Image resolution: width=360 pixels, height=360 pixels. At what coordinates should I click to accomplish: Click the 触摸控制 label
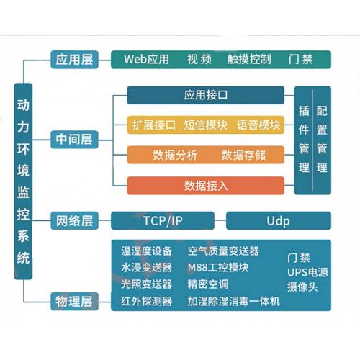coord(248,59)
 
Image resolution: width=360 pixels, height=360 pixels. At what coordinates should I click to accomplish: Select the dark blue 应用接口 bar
coord(206,94)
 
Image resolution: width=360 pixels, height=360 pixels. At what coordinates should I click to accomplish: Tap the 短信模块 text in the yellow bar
coord(206,125)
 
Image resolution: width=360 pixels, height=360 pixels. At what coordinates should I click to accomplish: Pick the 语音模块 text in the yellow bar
coord(258,125)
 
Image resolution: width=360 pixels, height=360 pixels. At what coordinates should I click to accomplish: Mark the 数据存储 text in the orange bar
coord(243,155)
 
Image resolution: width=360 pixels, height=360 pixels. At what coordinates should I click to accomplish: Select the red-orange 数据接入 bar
coord(206,186)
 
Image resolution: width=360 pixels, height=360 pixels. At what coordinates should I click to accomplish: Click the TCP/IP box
coord(163,220)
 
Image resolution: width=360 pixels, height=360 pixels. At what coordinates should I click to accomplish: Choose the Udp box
coord(278,220)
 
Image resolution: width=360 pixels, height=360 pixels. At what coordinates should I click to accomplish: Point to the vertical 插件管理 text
coord(304,140)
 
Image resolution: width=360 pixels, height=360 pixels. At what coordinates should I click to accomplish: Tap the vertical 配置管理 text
coord(322,140)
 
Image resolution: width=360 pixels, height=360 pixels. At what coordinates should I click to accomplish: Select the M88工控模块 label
coord(218,268)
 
